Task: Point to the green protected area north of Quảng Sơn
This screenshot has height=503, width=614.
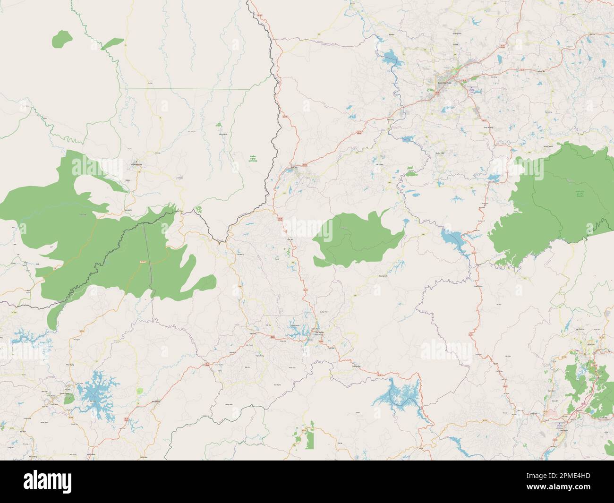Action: (x=357, y=239)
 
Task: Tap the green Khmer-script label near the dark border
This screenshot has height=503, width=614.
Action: (x=254, y=159)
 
